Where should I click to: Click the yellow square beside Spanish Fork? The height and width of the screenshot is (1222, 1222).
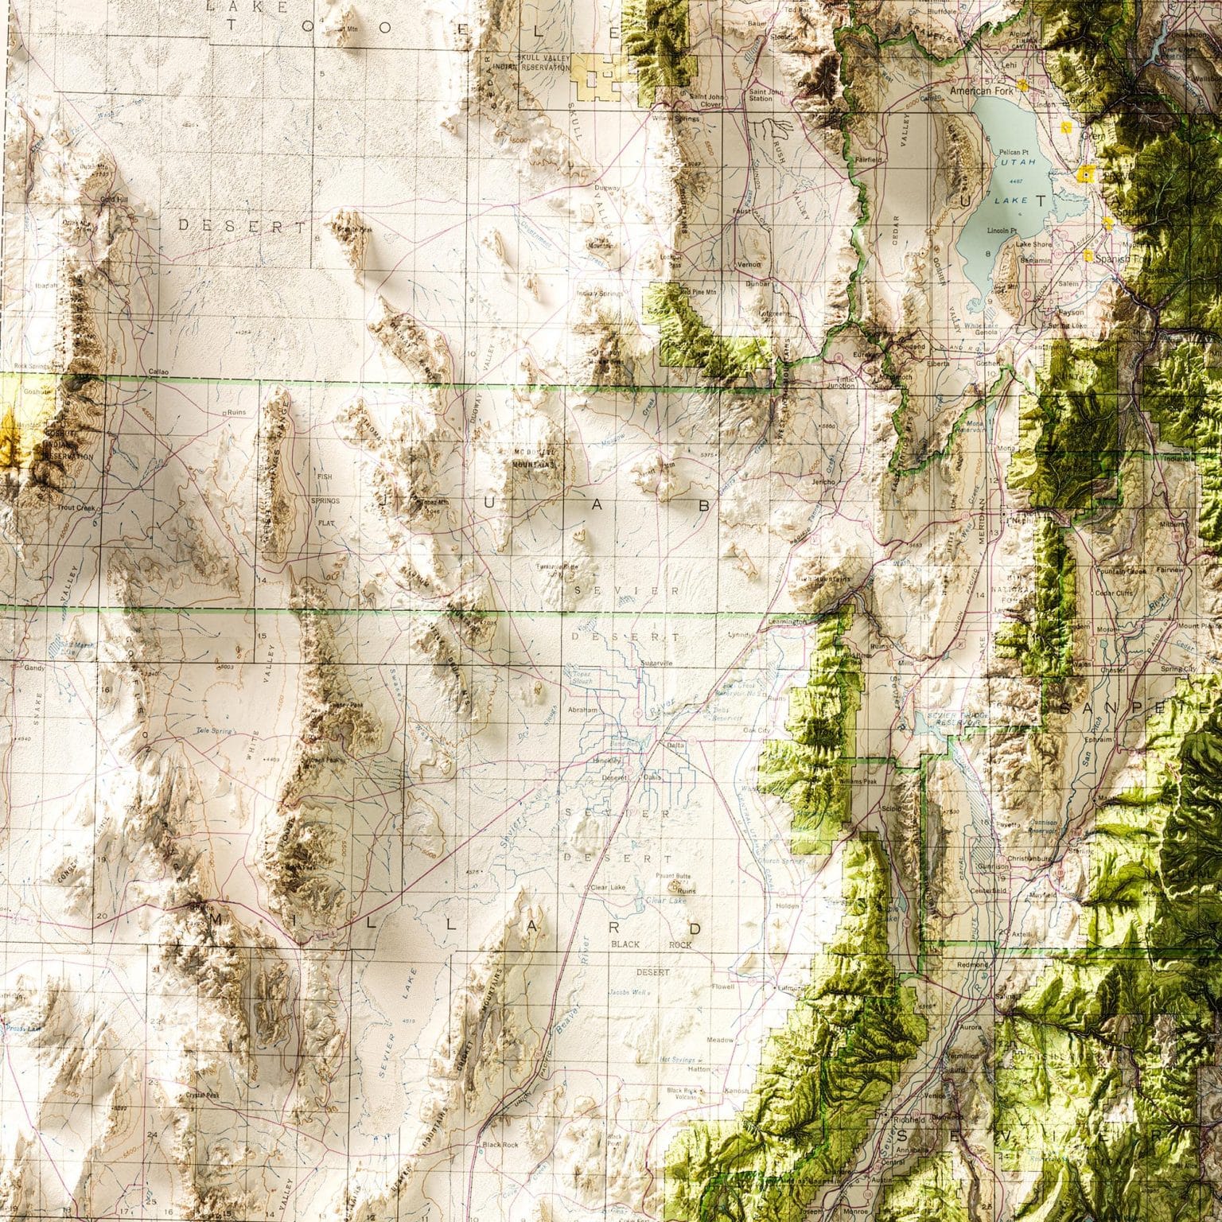coord(1088,255)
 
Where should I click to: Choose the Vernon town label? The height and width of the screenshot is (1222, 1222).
coord(749,264)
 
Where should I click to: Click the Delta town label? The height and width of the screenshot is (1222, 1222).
coord(675,745)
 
